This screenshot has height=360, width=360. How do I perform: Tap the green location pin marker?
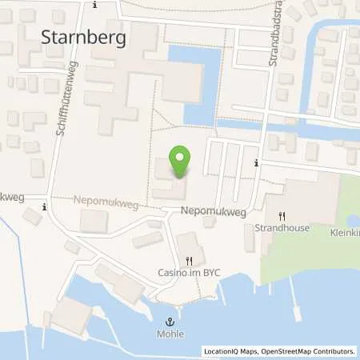click(181, 162)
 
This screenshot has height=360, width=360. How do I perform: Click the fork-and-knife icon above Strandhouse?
click(282, 215)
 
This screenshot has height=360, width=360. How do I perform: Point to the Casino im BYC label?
click(189, 272)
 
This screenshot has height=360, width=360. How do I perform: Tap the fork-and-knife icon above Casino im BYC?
click(189, 260)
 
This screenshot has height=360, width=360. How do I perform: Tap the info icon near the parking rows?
click(255, 163)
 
